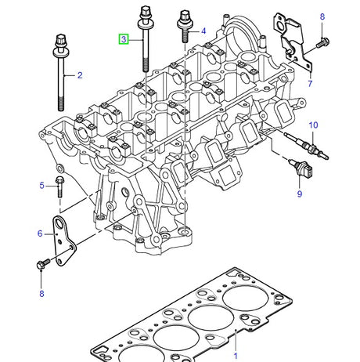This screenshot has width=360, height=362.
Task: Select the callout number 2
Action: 78,75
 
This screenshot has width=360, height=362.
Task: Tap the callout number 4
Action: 203,31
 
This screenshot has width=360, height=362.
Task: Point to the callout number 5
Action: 41,185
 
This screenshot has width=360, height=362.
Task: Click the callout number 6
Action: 41,233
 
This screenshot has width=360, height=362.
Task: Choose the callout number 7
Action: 310,83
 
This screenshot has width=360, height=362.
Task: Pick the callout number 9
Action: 298,194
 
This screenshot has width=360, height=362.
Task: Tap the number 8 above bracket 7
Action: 321,16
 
